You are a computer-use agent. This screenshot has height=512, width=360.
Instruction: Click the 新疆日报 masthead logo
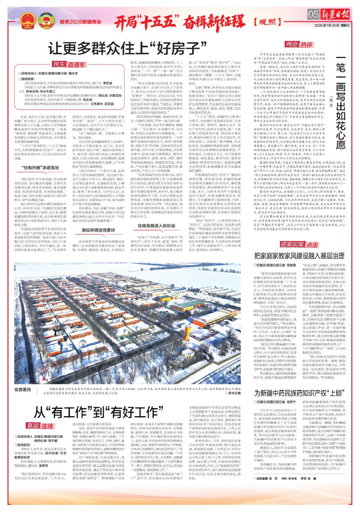(335, 14)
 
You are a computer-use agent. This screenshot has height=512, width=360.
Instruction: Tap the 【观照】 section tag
(269, 20)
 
